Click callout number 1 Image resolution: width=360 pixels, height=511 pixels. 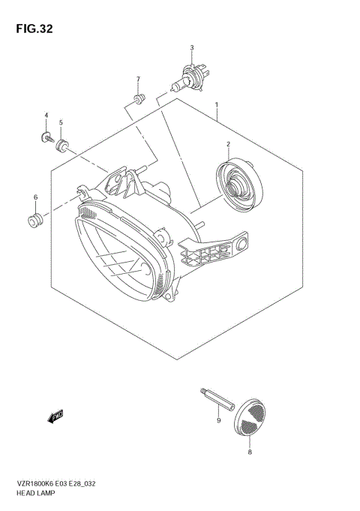tap(216, 106)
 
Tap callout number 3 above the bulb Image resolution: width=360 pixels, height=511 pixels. tap(192, 48)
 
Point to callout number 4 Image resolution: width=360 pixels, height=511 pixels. tap(46, 116)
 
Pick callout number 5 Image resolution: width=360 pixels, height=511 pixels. tap(61, 122)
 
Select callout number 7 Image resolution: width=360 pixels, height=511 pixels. tap(138, 79)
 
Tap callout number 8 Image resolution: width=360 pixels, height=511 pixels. tap(250, 452)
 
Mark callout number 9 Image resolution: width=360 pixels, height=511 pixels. tap(218, 421)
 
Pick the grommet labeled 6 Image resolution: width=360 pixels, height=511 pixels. tap(34, 220)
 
